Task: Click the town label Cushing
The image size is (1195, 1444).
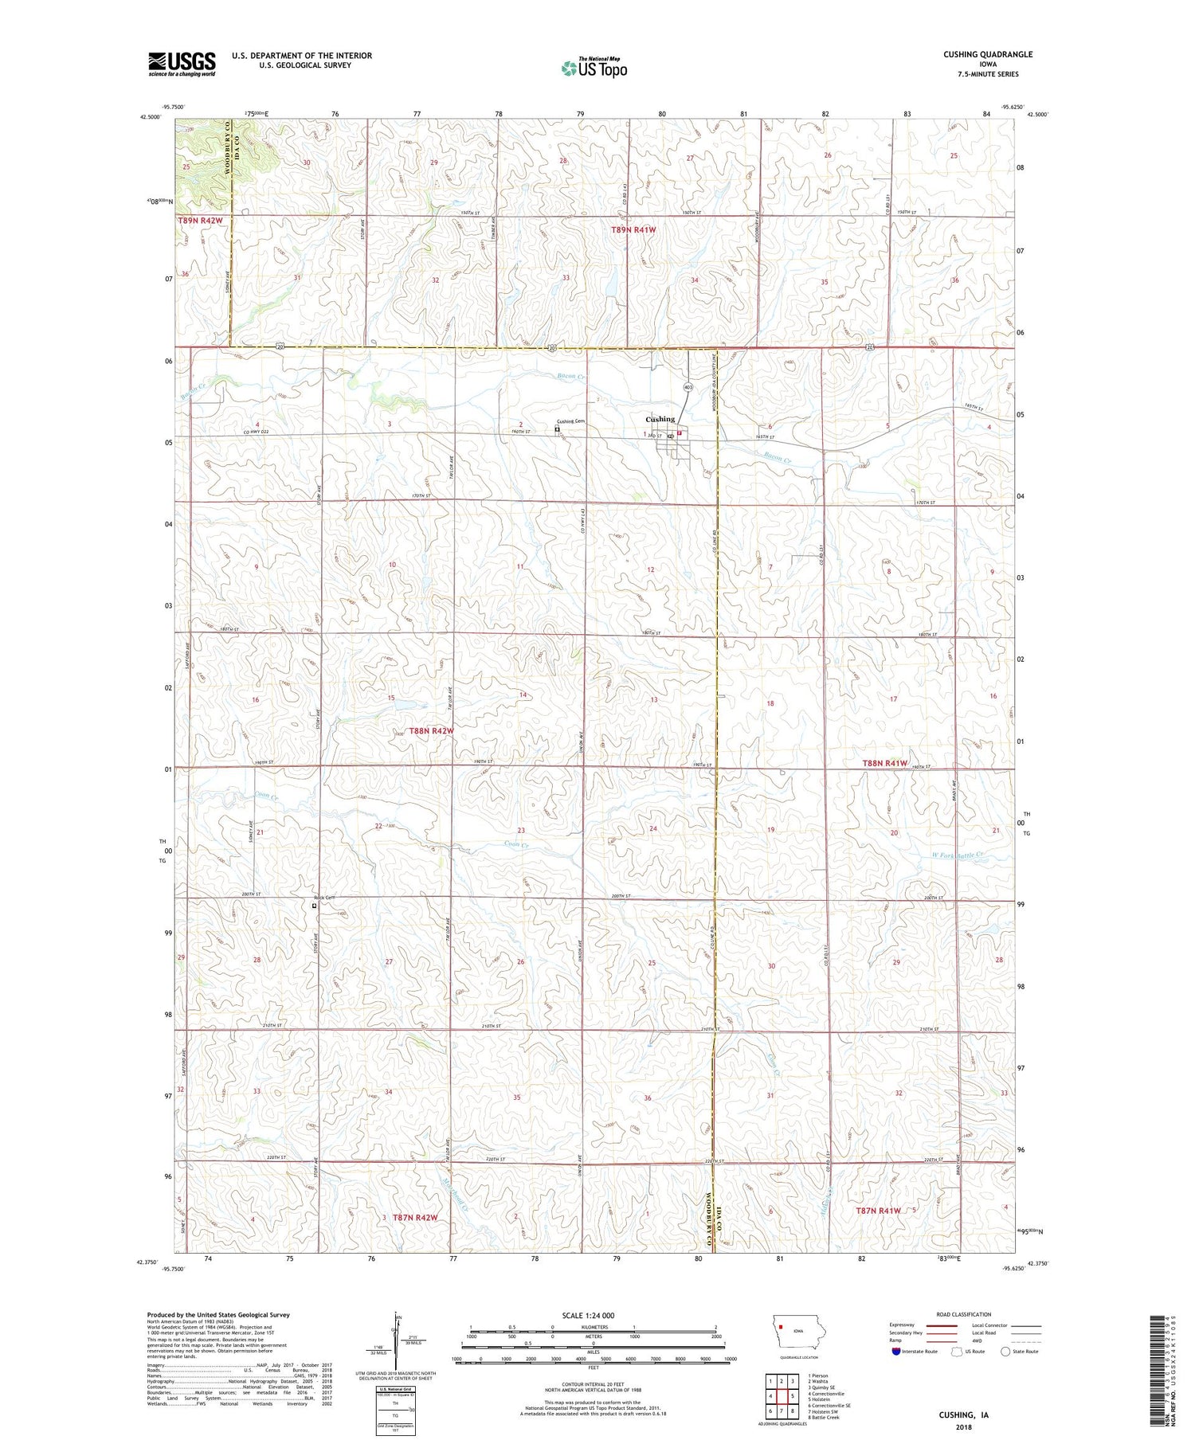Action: click(x=660, y=419)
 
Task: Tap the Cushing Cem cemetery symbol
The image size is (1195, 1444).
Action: click(x=557, y=429)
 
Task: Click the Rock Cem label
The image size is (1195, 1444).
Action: click(x=323, y=898)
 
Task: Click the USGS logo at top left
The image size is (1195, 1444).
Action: click(x=182, y=64)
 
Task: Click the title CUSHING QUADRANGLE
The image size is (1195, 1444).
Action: click(x=987, y=54)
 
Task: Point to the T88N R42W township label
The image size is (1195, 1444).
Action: click(x=432, y=730)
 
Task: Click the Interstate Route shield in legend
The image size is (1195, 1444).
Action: click(x=896, y=1352)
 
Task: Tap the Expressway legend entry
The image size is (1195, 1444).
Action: click(x=904, y=1325)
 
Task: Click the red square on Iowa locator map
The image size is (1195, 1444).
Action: click(x=783, y=1327)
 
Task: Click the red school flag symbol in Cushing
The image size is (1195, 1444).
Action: click(x=680, y=433)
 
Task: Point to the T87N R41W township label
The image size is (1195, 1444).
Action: click(x=878, y=1211)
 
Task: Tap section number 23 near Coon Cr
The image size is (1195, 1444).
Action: click(x=521, y=831)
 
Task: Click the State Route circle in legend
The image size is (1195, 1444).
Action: click(x=1005, y=1352)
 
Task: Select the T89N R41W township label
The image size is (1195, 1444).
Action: click(x=633, y=229)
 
